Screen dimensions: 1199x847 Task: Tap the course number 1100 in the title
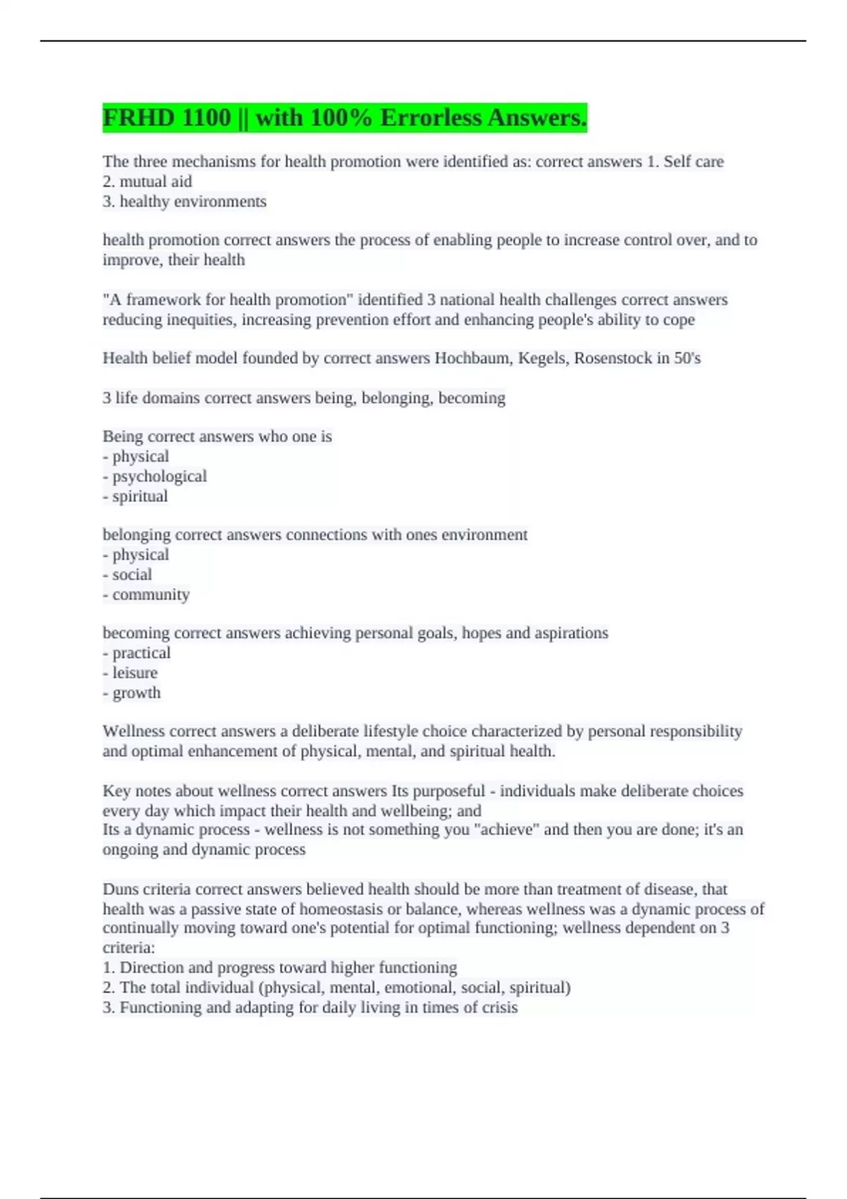(206, 118)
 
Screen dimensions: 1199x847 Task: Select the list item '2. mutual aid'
(147, 181)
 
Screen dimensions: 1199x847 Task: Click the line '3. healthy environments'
(184, 202)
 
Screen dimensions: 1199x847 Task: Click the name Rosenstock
(613, 358)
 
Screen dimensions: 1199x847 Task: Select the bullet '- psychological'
(155, 476)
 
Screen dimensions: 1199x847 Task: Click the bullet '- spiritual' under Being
(136, 497)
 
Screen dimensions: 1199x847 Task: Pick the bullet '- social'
(127, 575)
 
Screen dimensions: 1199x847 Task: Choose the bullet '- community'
(146, 595)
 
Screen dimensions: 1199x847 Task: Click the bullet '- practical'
(137, 653)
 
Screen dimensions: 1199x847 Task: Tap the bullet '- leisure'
(130, 673)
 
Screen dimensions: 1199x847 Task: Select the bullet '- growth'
(132, 693)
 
